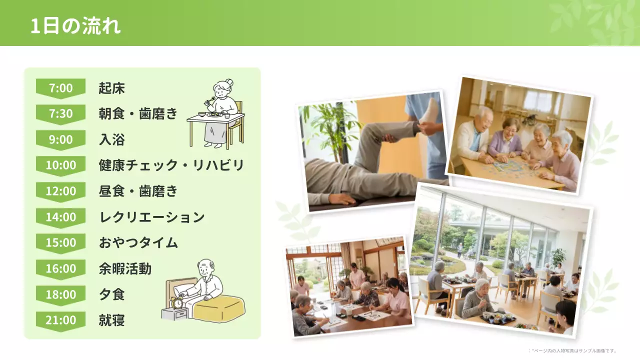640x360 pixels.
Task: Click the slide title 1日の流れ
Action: click(x=75, y=26)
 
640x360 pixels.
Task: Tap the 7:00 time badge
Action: click(x=60, y=88)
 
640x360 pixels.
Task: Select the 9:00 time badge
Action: click(x=60, y=139)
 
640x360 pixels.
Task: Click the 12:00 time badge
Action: click(x=60, y=191)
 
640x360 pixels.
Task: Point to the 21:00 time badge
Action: click(x=60, y=320)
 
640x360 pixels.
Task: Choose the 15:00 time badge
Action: click(x=60, y=242)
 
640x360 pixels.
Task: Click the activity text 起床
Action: click(x=111, y=88)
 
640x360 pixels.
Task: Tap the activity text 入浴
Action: click(x=111, y=140)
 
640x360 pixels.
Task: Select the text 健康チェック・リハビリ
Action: click(x=171, y=165)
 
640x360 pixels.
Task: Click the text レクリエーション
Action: click(x=152, y=217)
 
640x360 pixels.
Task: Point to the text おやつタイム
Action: click(x=138, y=243)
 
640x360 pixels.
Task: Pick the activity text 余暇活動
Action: click(x=125, y=269)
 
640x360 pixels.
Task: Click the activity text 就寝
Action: click(x=111, y=320)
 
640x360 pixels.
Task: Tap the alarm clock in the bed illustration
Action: click(x=177, y=302)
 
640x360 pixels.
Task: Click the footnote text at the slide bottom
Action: click(x=572, y=351)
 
